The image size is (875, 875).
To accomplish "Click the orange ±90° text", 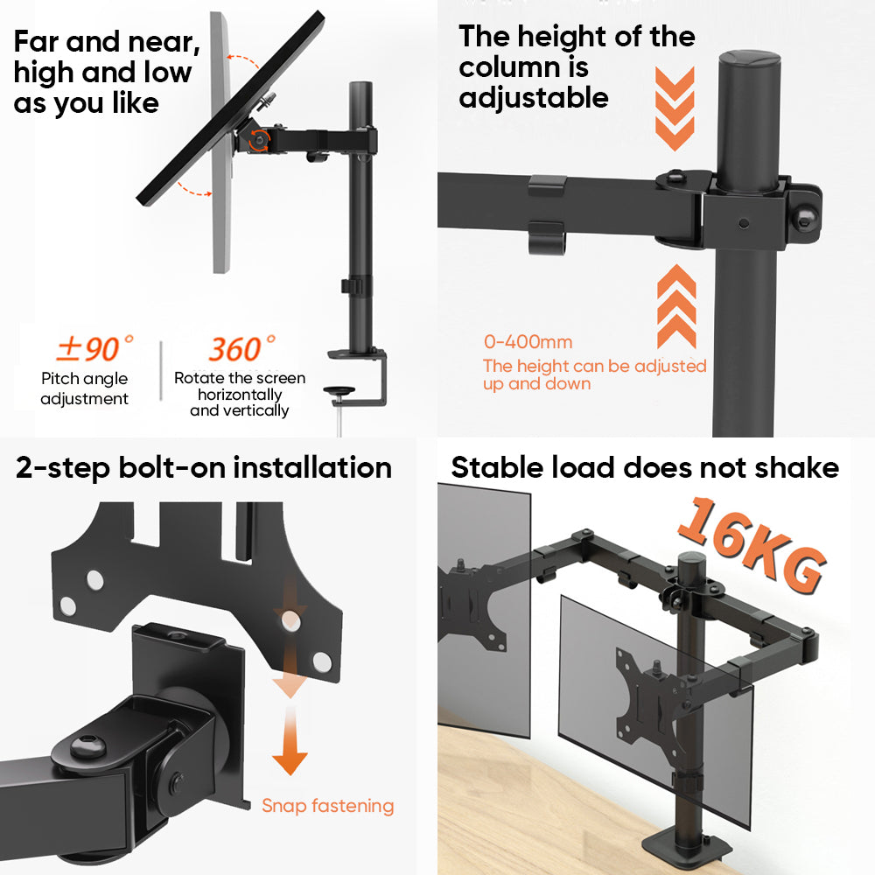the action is point(94,348).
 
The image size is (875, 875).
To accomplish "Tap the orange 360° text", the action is point(241,348).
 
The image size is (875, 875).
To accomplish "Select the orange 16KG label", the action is point(751,545).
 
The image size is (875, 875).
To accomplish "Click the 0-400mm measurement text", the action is point(528,341).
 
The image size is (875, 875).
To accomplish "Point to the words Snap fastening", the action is point(327,806).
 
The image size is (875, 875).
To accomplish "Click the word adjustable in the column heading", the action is point(534,98).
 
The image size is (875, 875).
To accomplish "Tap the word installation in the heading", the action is point(312,467).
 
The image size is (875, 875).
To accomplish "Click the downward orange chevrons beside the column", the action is point(675,108).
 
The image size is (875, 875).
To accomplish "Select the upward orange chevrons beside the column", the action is point(676,306).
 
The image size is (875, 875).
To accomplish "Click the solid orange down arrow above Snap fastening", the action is point(290,740).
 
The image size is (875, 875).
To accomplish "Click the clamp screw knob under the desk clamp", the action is point(339,391).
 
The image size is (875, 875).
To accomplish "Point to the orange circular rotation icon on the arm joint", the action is point(259,140).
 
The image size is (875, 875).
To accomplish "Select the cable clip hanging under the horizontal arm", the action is point(547,238).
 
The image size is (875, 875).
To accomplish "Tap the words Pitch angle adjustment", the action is point(84,388).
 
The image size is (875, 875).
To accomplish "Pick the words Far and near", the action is point(107,42).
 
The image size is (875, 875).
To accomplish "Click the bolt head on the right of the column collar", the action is point(805,216).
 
